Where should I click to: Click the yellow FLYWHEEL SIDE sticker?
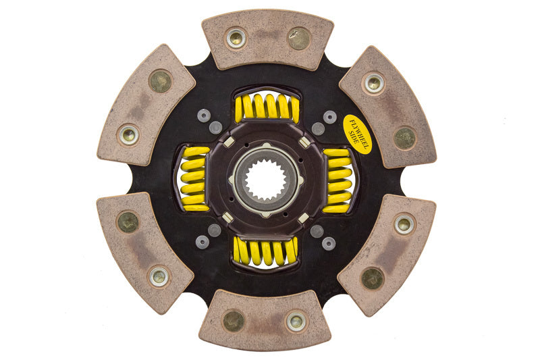(x=357, y=134)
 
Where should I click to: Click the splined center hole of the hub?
(x=266, y=180)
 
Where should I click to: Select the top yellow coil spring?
(x=267, y=107)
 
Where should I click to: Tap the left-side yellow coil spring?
(x=194, y=180)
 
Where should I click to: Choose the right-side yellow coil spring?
(x=337, y=180)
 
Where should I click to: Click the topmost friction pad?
(x=267, y=39)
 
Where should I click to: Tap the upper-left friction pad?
(x=146, y=105)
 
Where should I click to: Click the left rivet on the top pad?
(x=236, y=38)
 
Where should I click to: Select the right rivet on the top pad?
(x=298, y=38)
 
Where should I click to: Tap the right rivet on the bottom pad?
(x=296, y=321)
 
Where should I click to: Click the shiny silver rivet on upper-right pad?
(x=373, y=83)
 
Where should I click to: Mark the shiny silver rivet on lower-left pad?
(x=159, y=275)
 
